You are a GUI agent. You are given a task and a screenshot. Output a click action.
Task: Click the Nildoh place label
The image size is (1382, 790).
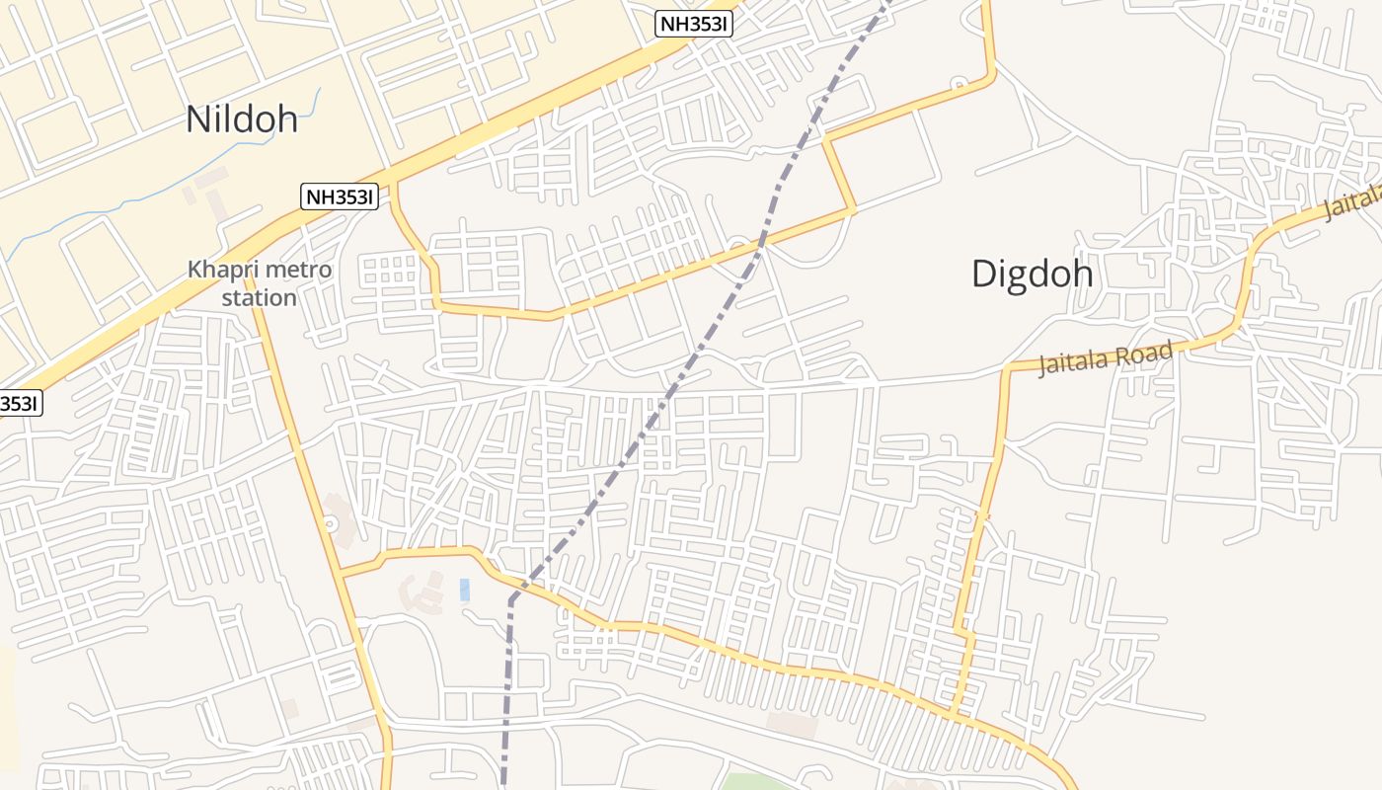242,118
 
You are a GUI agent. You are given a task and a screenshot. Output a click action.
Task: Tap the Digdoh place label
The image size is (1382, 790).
1032,274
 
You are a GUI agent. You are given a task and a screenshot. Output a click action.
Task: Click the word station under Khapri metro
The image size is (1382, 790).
259,297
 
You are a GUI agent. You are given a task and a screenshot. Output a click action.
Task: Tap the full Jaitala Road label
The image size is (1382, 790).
1106,357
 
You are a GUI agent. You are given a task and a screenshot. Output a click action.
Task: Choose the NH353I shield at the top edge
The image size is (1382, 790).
694,25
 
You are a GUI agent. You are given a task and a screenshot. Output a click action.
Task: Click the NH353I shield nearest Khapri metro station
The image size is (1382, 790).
340,197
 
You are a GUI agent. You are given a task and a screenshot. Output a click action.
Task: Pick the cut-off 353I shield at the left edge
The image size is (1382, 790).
20,403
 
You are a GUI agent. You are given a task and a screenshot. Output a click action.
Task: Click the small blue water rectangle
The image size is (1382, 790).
464,590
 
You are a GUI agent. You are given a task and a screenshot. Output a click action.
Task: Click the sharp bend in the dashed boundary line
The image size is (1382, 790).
511,598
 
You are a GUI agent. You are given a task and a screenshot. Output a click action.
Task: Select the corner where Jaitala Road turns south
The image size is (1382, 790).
1006,369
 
